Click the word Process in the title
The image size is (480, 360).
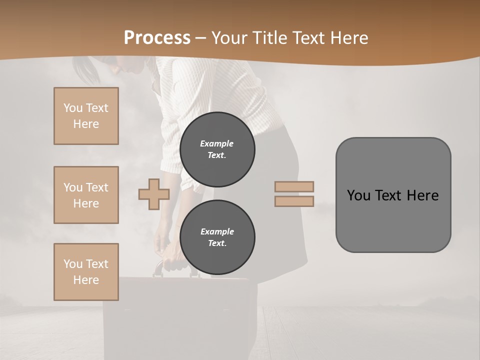[157, 37]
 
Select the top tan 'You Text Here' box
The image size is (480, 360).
[86, 116]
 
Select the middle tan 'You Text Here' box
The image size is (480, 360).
[86, 195]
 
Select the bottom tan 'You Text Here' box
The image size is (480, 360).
[86, 272]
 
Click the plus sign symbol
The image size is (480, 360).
[153, 194]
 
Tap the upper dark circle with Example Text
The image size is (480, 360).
[217, 149]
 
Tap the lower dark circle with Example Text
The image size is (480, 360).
[217, 237]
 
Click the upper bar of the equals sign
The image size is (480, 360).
[294, 186]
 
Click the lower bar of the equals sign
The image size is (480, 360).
[294, 201]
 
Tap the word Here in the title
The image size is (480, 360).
[348, 38]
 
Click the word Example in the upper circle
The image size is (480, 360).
[217, 143]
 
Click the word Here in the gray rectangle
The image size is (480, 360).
[422, 195]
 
